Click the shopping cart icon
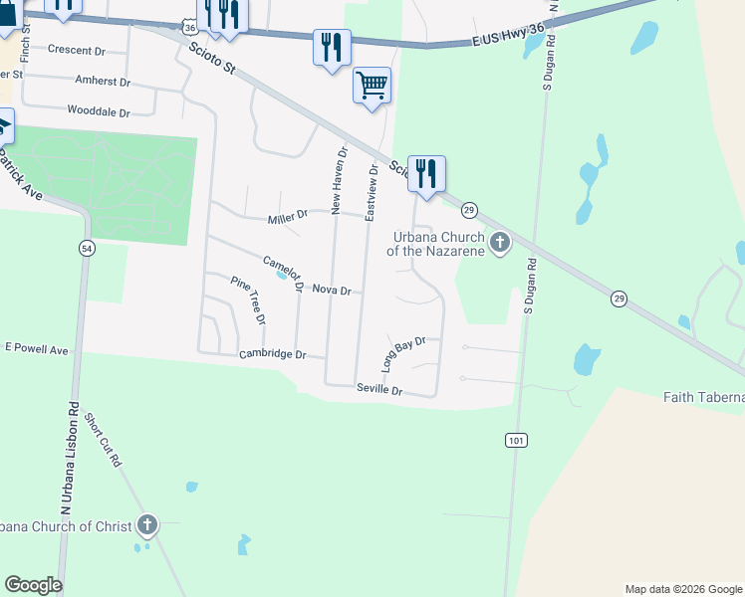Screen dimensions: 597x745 (x=372, y=85)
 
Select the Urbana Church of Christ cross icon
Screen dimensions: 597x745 (x=147, y=524)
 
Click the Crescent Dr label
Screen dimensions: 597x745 (x=76, y=50)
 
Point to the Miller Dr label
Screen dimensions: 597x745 (x=288, y=217)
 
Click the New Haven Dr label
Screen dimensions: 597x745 (x=339, y=182)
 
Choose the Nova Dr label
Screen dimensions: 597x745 (x=332, y=290)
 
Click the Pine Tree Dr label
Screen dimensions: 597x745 (x=248, y=299)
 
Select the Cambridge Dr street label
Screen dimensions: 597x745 (x=269, y=355)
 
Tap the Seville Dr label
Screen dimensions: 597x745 (x=379, y=391)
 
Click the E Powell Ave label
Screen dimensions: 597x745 (x=36, y=350)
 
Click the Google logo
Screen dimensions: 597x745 (x=33, y=585)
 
